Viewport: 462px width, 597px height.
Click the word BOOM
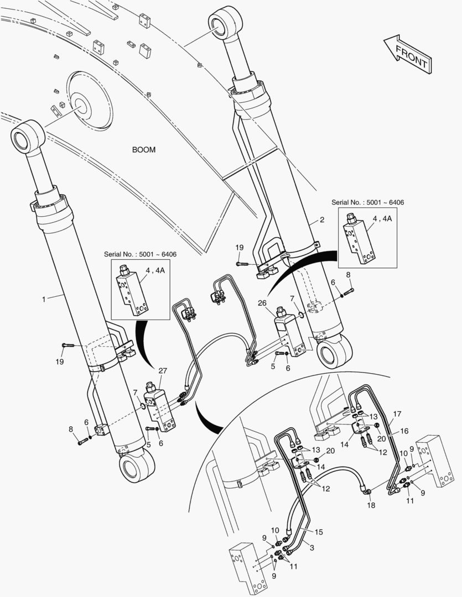(x=144, y=150)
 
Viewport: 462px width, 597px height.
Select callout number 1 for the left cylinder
(x=43, y=299)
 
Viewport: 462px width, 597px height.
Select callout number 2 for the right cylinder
(x=322, y=220)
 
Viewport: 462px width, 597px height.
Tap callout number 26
(x=262, y=303)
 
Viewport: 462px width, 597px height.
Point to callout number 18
(x=371, y=505)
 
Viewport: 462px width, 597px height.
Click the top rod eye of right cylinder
(x=225, y=23)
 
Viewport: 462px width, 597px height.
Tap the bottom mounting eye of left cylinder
(x=135, y=468)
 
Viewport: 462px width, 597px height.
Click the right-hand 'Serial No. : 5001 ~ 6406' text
(x=367, y=203)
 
